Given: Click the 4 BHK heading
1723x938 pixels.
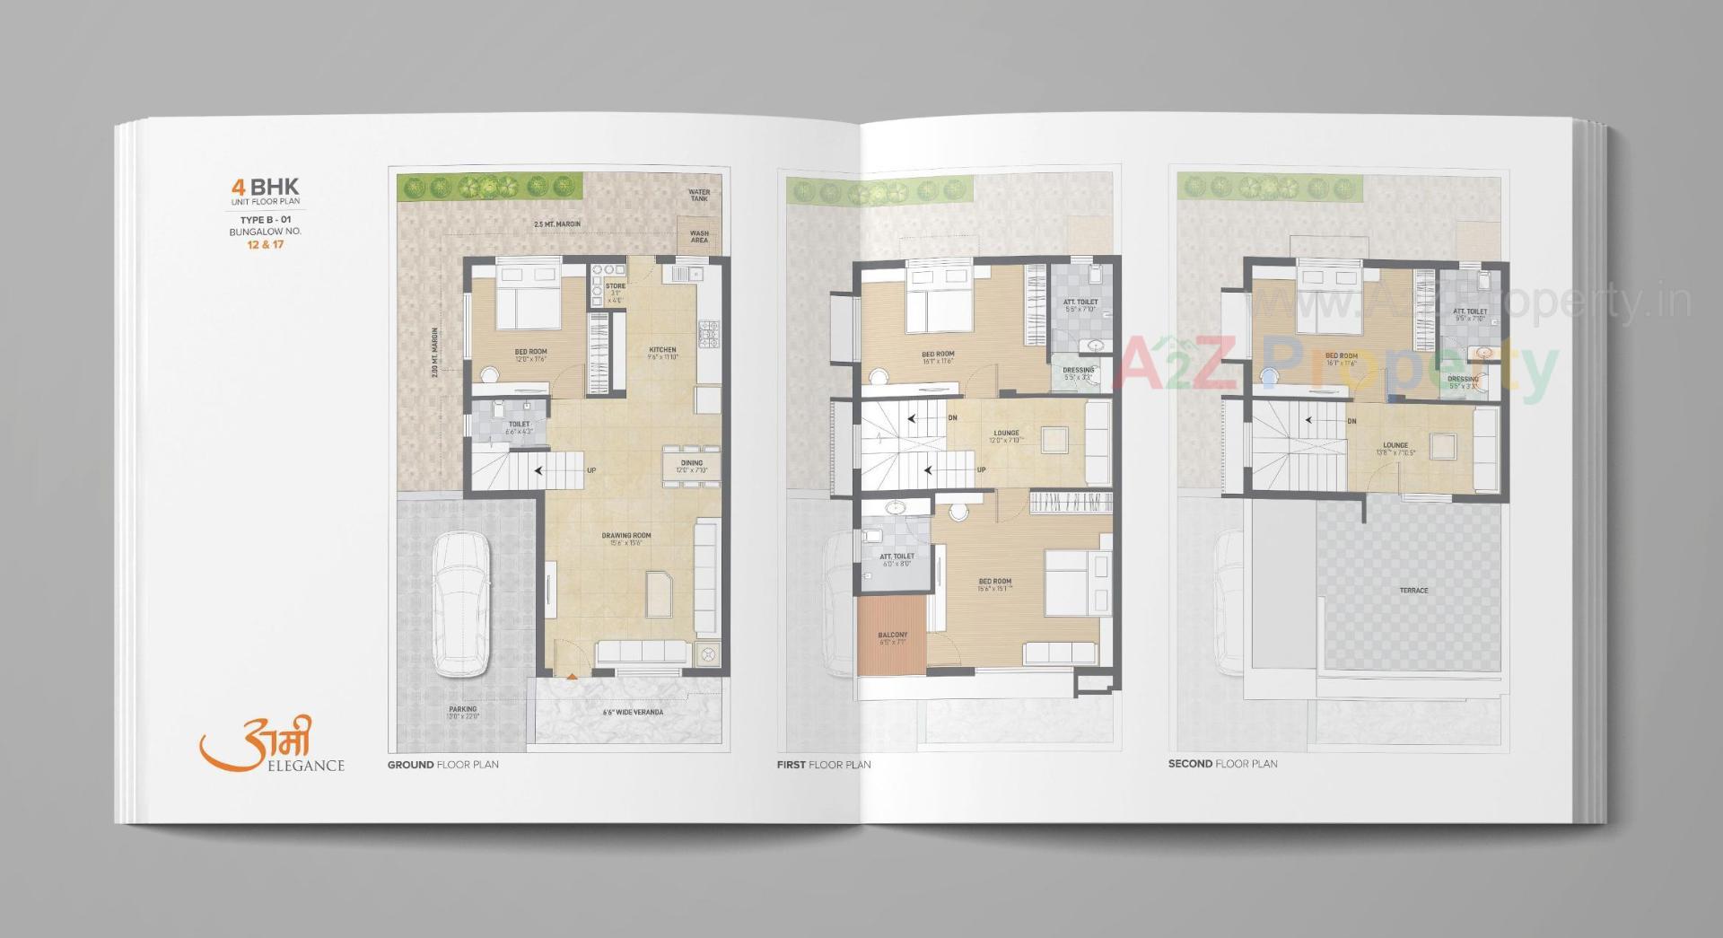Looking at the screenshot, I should tap(265, 188).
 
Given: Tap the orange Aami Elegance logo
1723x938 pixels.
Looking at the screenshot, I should tap(270, 745).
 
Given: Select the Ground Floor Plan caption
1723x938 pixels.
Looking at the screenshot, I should tap(442, 765).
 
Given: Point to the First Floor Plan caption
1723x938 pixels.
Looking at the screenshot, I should tap(823, 765).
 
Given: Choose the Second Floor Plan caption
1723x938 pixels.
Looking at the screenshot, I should tap(1222, 764).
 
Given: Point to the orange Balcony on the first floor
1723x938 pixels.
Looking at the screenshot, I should tap(892, 638).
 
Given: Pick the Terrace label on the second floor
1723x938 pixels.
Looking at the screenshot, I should tap(1413, 591).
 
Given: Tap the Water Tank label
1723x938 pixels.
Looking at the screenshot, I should tap(698, 195).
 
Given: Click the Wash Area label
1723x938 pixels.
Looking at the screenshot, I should tap(699, 237).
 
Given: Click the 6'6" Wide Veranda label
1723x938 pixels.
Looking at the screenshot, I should tap(633, 713).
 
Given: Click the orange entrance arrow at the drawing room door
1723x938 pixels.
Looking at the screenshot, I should tap(571, 675).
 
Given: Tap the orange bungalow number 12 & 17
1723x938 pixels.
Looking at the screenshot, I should tap(265, 245).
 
